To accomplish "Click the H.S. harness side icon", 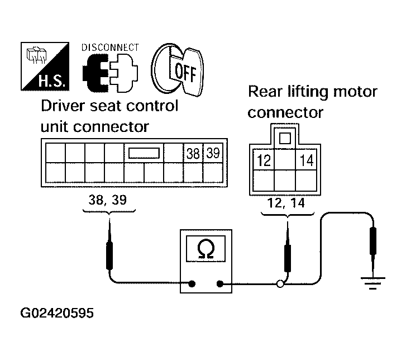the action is click(x=45, y=67).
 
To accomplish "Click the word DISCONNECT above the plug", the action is click(x=110, y=48).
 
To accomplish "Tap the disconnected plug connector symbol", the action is click(x=110, y=73).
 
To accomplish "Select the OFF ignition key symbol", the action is click(x=178, y=70).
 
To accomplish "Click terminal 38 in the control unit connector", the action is click(x=193, y=153).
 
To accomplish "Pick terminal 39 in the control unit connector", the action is click(x=213, y=153).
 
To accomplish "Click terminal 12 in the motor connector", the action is click(x=264, y=160).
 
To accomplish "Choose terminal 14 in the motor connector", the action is click(x=306, y=160).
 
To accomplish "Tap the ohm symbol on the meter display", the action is click(x=206, y=249).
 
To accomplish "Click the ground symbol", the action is click(x=373, y=283).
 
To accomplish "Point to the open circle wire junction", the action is click(x=280, y=284).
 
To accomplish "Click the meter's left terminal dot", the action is click(x=192, y=284).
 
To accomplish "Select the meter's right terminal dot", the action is click(x=220, y=284).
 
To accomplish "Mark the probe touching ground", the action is click(x=373, y=249).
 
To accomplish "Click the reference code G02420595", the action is click(x=57, y=313).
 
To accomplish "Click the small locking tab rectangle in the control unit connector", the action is click(x=144, y=153).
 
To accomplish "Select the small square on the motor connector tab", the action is click(x=285, y=138).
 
